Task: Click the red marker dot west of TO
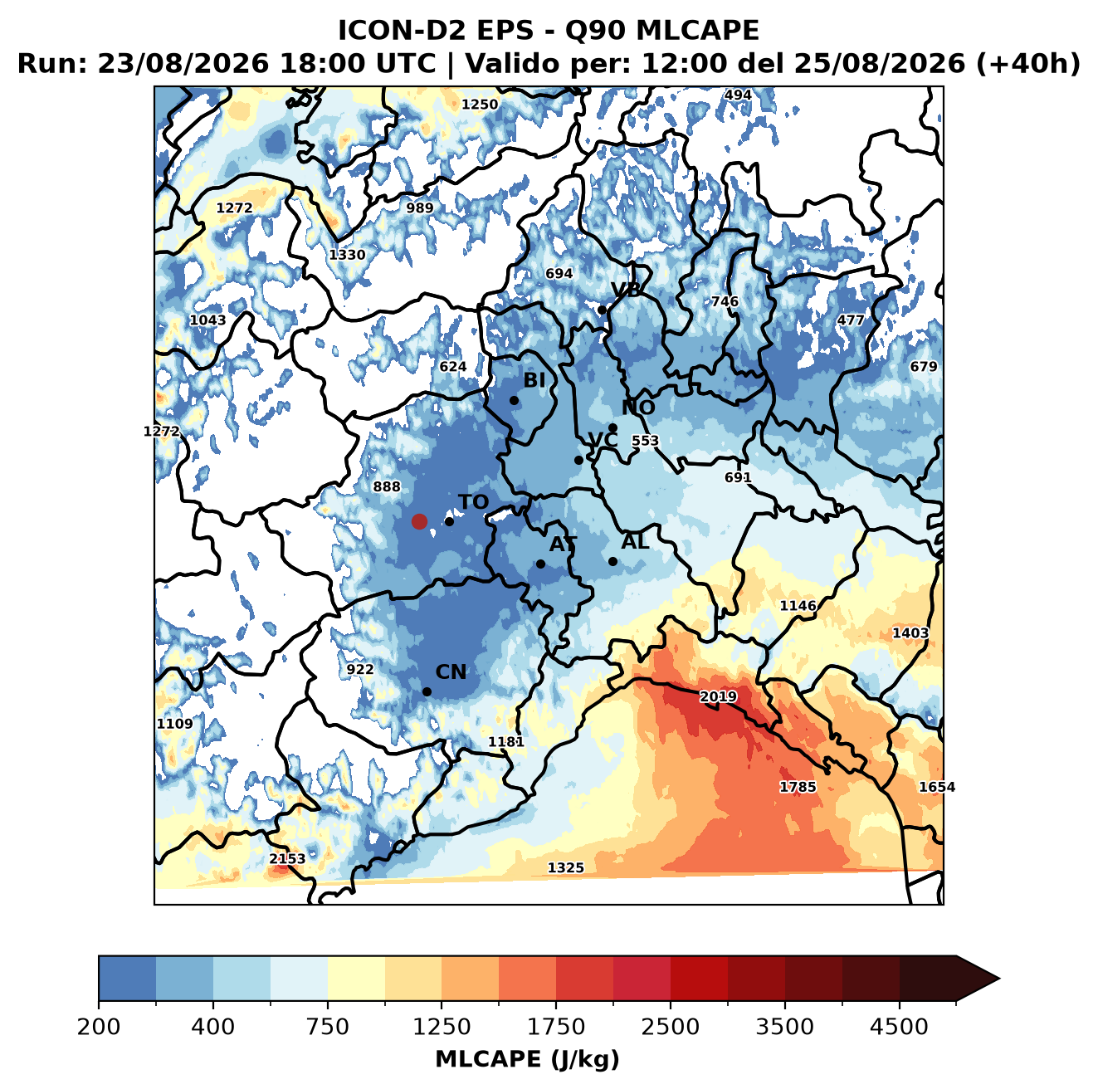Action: click(419, 521)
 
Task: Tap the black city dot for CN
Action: click(427, 691)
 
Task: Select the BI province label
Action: click(534, 380)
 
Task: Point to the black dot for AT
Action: click(540, 564)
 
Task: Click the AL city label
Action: click(635, 541)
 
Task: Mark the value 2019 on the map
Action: click(718, 696)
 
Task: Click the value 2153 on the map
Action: click(287, 858)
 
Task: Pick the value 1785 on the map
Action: click(798, 786)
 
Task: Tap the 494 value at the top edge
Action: click(738, 95)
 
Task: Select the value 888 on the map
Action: click(386, 486)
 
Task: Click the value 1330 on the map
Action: click(347, 255)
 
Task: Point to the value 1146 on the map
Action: click(798, 605)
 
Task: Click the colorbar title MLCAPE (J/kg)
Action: click(527, 1059)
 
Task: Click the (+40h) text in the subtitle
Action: click(1028, 64)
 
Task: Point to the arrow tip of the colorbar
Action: click(999, 979)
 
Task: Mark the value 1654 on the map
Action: click(937, 786)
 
